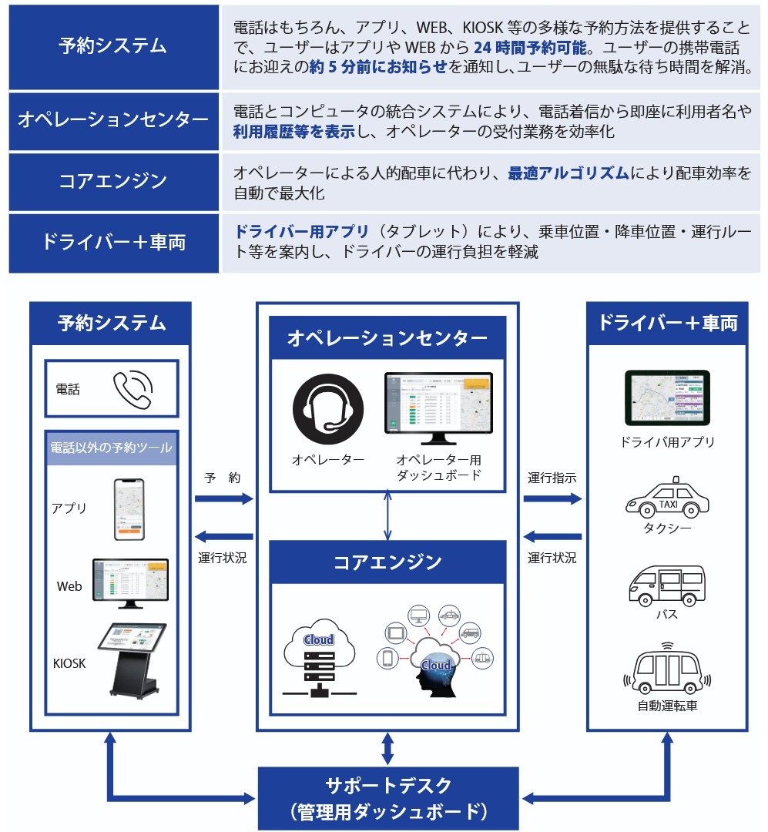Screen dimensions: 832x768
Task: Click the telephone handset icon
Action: click(x=133, y=389)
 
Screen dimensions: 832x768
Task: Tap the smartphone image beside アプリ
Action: click(x=129, y=509)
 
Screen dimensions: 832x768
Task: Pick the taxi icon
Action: click(x=667, y=498)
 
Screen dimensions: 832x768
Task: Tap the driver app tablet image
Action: click(x=667, y=399)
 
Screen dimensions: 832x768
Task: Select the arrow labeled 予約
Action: click(x=223, y=499)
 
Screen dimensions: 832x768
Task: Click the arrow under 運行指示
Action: click(x=552, y=499)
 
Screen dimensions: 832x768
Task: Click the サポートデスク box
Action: click(x=387, y=797)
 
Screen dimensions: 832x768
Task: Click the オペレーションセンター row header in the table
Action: click(x=113, y=120)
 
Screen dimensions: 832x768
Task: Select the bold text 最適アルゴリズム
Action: click(x=568, y=173)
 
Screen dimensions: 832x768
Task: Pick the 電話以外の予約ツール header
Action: click(x=112, y=448)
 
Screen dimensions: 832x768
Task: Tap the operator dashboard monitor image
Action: click(x=438, y=408)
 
